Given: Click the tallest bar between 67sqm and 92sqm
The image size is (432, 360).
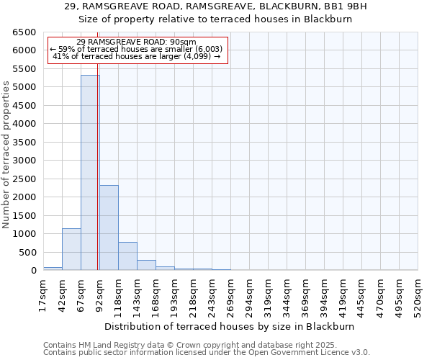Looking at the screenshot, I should point(90,173).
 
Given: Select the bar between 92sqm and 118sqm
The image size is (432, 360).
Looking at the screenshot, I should point(109,228).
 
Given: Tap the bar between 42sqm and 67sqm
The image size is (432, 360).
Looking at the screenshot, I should point(71,249).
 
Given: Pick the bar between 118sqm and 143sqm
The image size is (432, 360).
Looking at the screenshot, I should point(127,256).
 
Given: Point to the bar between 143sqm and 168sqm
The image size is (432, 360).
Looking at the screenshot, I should point(146,265).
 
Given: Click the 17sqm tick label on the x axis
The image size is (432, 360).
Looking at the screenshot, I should point(43,296).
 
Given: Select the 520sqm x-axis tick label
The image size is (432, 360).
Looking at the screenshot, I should point(418,296).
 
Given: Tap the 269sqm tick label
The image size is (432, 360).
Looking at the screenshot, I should point(230,296).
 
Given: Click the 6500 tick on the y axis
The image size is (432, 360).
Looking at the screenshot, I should point(24,32).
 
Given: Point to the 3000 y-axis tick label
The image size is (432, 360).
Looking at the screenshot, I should point(24,161).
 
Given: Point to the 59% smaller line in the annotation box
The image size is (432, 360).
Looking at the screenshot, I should point(136,49).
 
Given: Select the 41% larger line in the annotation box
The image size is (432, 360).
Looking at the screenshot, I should point(136,55).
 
